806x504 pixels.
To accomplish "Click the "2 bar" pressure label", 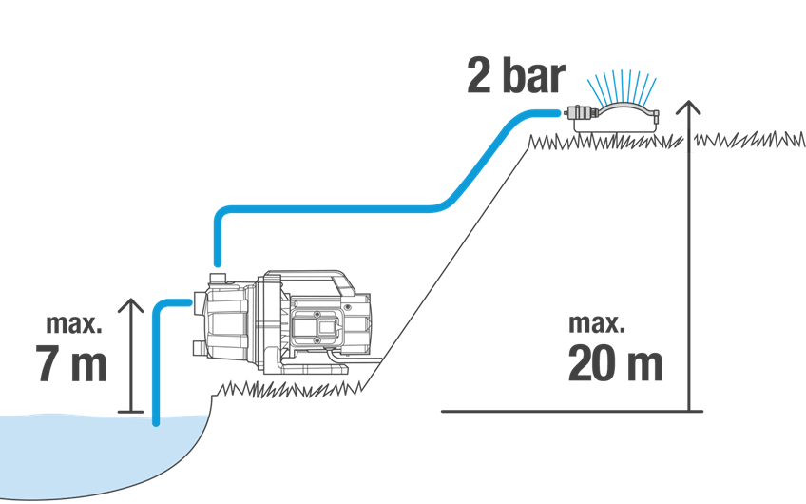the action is (x=516, y=76).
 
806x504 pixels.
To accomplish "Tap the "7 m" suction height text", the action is (x=71, y=363).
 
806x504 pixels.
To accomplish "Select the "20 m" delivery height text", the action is (x=615, y=363).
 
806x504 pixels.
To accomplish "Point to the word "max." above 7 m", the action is (x=74, y=324).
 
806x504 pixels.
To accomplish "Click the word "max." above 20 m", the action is (x=597, y=324).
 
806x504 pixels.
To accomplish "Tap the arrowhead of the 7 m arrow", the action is (x=130, y=305).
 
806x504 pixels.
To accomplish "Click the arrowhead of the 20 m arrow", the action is (x=688, y=107).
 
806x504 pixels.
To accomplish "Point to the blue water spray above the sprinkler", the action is (x=622, y=86).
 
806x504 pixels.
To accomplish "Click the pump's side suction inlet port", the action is (x=199, y=300).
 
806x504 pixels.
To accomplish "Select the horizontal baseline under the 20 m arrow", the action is (x=571, y=411).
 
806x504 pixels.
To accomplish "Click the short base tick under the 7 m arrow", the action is (x=130, y=412).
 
